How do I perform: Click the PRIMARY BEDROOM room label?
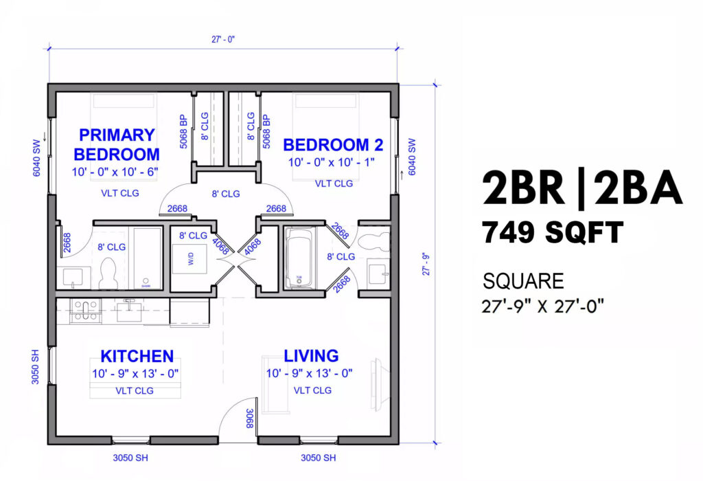click(x=116, y=144)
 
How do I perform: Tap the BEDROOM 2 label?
click(x=333, y=145)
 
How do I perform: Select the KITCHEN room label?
click(x=137, y=356)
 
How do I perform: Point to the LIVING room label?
click(x=311, y=355)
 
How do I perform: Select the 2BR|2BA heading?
click(x=582, y=188)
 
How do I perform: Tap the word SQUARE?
click(x=523, y=281)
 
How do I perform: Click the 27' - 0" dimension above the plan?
click(x=224, y=40)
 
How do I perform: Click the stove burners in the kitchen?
click(x=84, y=311)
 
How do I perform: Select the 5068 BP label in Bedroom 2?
click(x=266, y=131)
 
